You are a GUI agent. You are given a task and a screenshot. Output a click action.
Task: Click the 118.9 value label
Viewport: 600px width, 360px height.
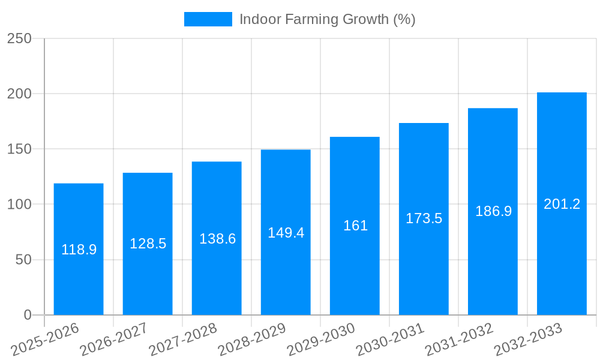pyautogui.click(x=79, y=250)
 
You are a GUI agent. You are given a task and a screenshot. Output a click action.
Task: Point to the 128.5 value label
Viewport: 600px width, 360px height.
pyautogui.click(x=148, y=244)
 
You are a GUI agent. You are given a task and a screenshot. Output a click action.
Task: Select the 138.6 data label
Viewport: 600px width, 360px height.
pyautogui.click(x=217, y=239)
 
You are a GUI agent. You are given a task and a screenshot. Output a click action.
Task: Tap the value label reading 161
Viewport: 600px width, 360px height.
pyautogui.click(x=355, y=226)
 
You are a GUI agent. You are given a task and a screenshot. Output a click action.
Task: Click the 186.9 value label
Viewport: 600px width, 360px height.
pyautogui.click(x=493, y=211)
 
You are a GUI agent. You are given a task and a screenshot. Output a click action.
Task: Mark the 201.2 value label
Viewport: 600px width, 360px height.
pyautogui.click(x=562, y=204)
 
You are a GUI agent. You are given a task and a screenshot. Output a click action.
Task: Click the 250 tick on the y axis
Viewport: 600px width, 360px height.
pyautogui.click(x=19, y=38)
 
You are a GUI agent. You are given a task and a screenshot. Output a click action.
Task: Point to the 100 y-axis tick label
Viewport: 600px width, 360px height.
pyautogui.click(x=19, y=205)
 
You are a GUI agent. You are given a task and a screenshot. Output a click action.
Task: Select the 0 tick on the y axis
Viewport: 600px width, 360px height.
pyautogui.click(x=27, y=315)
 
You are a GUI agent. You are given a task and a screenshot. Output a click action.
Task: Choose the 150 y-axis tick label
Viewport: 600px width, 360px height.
pyautogui.click(x=19, y=149)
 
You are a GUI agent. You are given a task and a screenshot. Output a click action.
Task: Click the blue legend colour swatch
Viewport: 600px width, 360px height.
pyautogui.click(x=208, y=19)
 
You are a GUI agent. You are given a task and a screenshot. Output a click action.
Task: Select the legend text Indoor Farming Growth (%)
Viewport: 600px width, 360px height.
pyautogui.click(x=327, y=19)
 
